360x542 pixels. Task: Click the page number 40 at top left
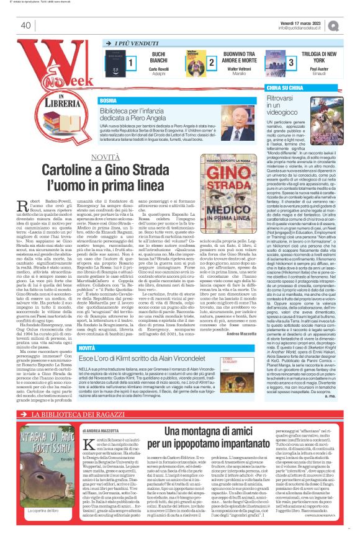coord(25,25)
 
